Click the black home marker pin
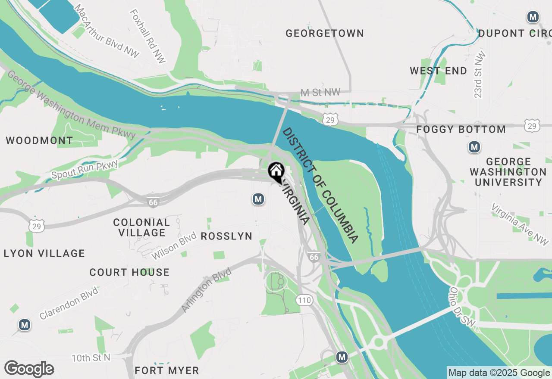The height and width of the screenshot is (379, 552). [276, 171]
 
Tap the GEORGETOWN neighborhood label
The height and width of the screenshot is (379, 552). [325, 33]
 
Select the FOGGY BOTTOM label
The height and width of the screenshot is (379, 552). [461, 129]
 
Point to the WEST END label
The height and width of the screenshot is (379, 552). [438, 71]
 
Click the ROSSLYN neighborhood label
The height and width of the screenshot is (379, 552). [226, 236]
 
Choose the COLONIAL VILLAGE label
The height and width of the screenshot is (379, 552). [141, 227]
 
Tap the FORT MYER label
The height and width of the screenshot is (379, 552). [167, 370]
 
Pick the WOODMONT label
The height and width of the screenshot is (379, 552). [39, 140]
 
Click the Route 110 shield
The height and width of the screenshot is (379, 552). [304, 300]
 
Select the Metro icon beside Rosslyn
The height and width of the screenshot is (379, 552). [258, 199]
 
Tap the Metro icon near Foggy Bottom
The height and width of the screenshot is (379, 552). [474, 147]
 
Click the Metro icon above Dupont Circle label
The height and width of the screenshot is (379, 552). [533, 17]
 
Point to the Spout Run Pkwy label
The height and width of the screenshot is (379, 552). [85, 168]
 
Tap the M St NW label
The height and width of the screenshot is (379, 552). [320, 92]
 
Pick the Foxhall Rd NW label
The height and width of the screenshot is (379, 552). [147, 37]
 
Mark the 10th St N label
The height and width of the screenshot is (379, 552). [91, 357]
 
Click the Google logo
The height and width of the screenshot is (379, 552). [29, 369]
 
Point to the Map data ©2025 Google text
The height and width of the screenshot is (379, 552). [499, 373]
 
